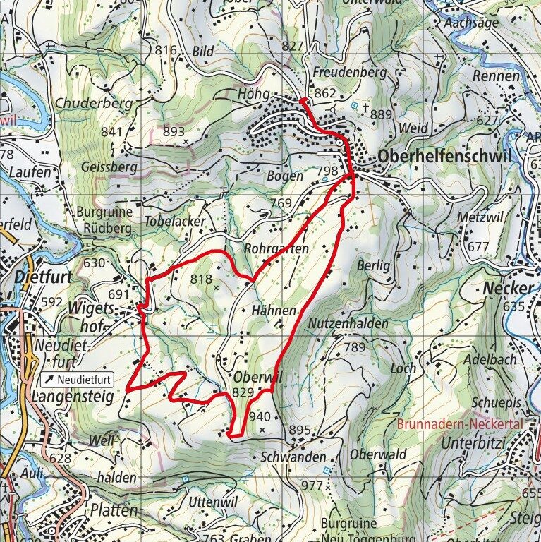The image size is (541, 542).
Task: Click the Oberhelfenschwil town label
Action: [x=444, y=157]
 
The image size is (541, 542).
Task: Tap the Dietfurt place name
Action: [x=42, y=277]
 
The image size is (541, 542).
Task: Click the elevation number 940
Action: [x=260, y=416]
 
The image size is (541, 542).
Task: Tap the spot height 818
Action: [x=201, y=279]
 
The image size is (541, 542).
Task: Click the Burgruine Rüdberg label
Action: [x=104, y=220]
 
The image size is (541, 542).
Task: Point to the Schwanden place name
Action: [x=293, y=457]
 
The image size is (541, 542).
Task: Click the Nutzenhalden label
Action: [x=348, y=323]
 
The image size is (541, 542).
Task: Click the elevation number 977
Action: [x=311, y=485]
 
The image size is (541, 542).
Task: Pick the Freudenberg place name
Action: [x=350, y=72]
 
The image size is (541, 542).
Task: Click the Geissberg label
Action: [x=109, y=167]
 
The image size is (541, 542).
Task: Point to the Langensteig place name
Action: [x=72, y=397]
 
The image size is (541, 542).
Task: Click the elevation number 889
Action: [x=380, y=114]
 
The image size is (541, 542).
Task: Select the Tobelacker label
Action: [x=175, y=221]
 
